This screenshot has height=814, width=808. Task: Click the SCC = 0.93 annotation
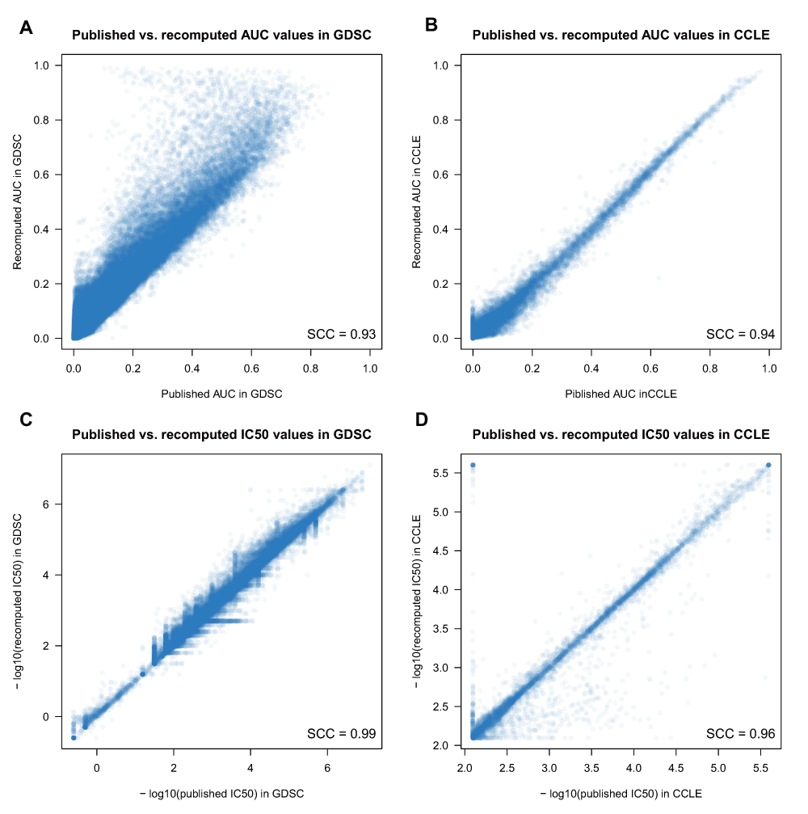(342, 333)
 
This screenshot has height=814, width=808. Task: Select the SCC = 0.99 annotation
(342, 733)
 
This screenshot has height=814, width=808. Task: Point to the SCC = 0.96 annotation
(741, 733)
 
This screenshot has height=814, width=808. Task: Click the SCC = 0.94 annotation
(741, 333)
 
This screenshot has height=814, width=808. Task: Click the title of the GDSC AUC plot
(221, 36)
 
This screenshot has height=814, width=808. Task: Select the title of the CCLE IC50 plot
(621, 435)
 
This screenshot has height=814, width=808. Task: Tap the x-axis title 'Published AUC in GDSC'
(221, 394)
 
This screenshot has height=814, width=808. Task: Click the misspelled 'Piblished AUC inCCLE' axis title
(621, 394)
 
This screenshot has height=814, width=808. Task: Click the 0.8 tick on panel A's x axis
(311, 366)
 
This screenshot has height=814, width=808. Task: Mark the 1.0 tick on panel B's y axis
(441, 65)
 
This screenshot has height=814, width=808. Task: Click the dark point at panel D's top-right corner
(768, 465)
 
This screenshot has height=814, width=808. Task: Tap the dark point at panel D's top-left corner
(473, 465)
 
